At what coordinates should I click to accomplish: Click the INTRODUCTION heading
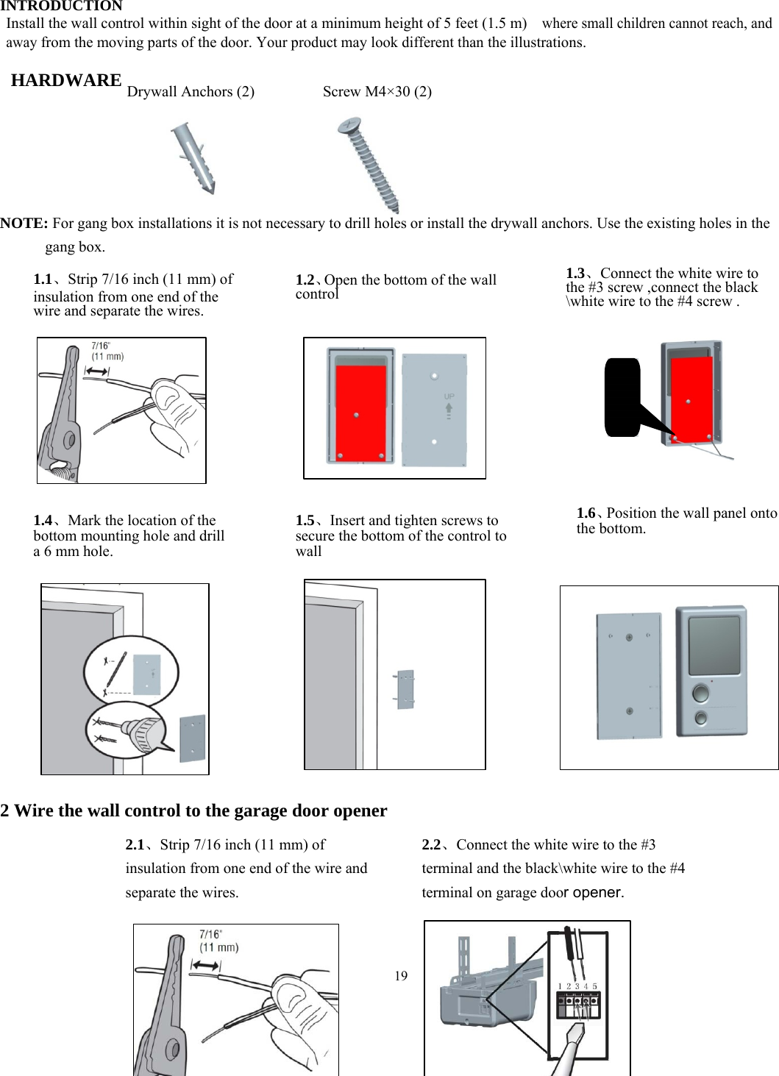(61, 6)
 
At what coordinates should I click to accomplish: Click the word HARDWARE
(66, 80)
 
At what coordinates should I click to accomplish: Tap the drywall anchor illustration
(193, 158)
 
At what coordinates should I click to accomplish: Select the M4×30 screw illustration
(370, 165)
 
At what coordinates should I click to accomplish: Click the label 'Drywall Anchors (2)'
(191, 91)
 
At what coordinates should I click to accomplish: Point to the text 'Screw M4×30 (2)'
(377, 91)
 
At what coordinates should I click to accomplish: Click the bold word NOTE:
(24, 223)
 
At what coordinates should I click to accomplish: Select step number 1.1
(43, 279)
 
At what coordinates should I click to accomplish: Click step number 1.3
(575, 273)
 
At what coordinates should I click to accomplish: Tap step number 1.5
(305, 520)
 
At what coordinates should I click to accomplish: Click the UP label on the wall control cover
(449, 396)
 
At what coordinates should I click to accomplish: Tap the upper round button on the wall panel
(701, 693)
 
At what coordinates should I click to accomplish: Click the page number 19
(401, 976)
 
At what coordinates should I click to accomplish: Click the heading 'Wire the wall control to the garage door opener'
(200, 810)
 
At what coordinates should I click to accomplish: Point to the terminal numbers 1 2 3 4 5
(577, 986)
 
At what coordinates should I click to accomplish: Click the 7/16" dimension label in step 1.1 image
(102, 346)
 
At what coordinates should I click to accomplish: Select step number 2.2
(431, 844)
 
